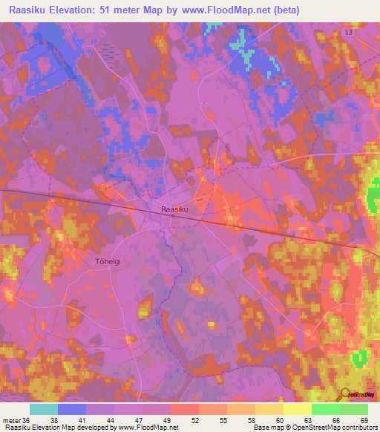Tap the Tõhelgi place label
point(108,261)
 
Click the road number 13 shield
point(348,33)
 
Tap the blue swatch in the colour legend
point(71,409)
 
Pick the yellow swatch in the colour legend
point(297,409)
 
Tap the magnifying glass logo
point(345,394)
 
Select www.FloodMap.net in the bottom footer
point(146,428)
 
